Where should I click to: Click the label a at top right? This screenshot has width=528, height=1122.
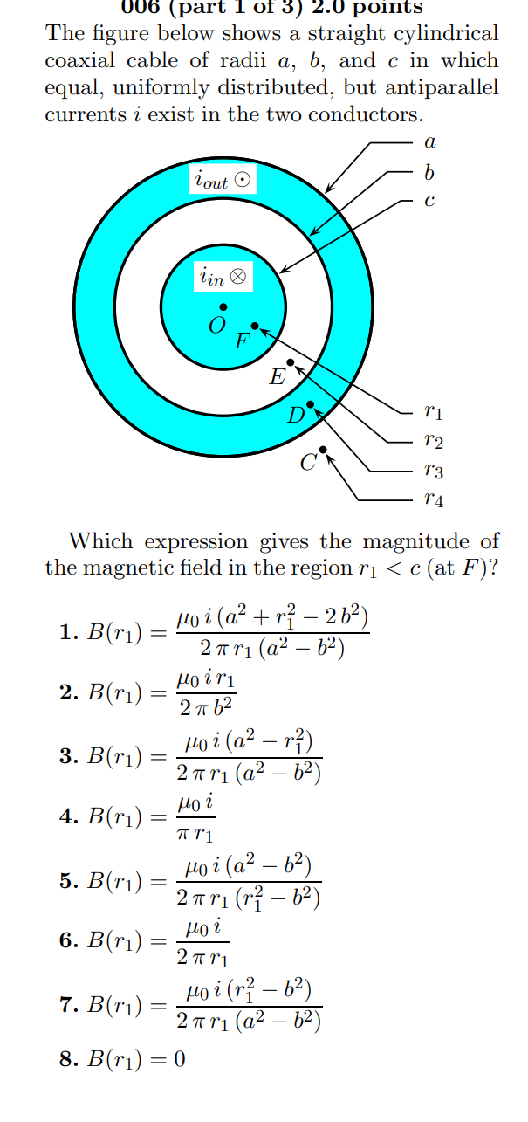point(429,141)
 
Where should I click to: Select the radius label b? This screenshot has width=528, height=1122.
point(428,173)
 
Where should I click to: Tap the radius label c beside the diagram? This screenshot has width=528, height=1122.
point(428,200)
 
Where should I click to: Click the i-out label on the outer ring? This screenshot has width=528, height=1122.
point(223,181)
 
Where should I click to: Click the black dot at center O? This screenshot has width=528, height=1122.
point(223,306)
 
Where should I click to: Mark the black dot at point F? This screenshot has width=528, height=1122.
point(255,326)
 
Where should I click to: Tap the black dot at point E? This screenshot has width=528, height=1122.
point(291,361)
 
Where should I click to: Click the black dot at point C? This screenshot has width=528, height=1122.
point(323,450)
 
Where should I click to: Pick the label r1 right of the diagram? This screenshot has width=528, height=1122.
point(432,410)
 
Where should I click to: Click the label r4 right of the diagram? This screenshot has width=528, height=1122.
point(432,500)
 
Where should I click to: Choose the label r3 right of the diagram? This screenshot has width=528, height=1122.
point(432,472)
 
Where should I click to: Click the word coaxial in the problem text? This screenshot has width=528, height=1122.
point(78,62)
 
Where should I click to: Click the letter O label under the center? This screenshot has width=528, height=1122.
point(216,326)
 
